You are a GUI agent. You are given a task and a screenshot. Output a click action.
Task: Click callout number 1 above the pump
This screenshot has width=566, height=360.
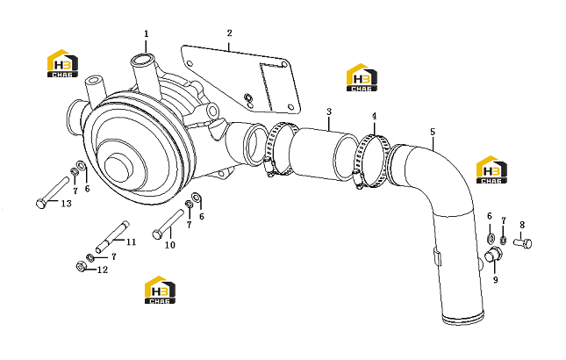[x=147, y=34]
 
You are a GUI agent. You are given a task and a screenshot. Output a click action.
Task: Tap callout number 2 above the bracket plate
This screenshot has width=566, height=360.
[x=230, y=33]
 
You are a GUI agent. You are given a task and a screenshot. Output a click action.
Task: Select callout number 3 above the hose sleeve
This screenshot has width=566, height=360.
[x=329, y=112]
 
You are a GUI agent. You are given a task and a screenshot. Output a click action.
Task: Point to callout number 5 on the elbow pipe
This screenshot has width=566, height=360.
[x=433, y=132]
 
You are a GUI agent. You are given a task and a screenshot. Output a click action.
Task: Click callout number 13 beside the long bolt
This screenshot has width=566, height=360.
[x=66, y=204]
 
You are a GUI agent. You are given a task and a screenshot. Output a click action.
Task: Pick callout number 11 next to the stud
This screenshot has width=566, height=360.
[x=131, y=241]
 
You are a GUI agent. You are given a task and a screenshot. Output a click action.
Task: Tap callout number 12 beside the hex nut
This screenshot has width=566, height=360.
[x=103, y=270]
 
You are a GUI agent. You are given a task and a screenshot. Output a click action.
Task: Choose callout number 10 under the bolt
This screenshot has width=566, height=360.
[x=170, y=245]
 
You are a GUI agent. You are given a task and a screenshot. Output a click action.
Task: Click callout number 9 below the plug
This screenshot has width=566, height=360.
[x=496, y=280]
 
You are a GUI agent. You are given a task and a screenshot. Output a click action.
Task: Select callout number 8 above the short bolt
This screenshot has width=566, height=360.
[x=522, y=226]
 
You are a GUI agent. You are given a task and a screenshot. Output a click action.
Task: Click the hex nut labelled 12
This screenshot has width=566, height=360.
[x=82, y=267]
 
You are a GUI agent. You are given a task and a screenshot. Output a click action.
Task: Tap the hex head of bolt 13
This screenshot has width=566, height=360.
[x=41, y=204]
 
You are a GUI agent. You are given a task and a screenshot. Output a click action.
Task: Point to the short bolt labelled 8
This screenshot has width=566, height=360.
[x=523, y=243]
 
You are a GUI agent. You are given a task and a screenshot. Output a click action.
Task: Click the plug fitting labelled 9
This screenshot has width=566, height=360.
[x=492, y=256]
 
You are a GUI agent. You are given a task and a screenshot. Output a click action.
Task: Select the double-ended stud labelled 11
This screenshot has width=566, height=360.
[x=112, y=236]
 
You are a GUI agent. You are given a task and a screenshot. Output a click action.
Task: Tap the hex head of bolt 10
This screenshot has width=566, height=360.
[x=157, y=234]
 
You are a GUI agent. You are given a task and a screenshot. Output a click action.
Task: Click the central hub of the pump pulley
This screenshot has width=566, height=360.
[x=119, y=168]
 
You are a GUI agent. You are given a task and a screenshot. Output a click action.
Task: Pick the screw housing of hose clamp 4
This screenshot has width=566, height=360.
[x=357, y=178]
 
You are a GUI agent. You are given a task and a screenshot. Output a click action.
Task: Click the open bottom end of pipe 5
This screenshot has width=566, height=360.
[x=463, y=318]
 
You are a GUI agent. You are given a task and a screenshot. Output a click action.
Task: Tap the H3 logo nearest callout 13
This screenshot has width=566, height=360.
[x=62, y=63]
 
